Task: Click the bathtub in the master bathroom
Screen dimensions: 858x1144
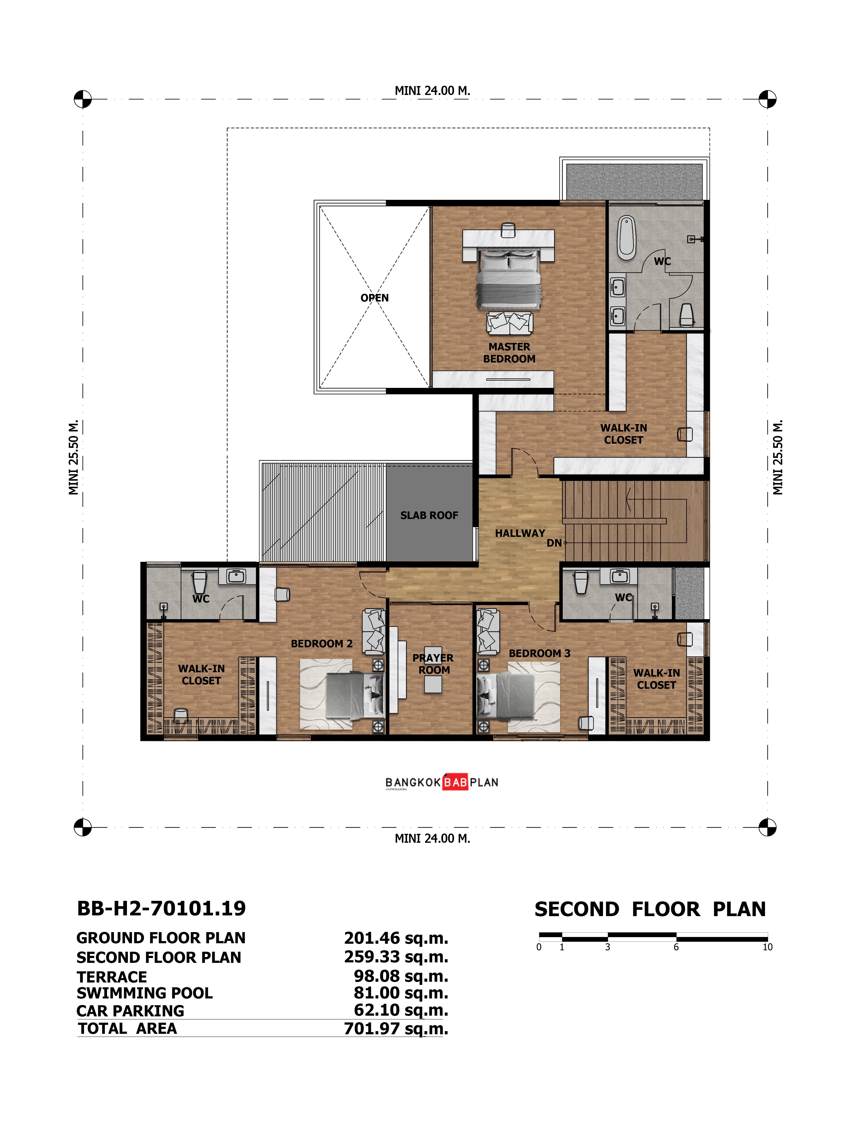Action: click(x=626, y=238)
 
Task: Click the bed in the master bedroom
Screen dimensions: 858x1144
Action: click(x=508, y=279)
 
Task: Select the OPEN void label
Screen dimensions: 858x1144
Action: click(x=374, y=298)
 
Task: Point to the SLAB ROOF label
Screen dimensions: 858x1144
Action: click(x=429, y=515)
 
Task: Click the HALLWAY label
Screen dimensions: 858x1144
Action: click(x=520, y=533)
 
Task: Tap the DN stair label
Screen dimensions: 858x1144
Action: click(x=554, y=543)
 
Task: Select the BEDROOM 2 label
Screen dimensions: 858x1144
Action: click(x=322, y=644)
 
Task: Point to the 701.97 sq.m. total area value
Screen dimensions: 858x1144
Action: click(x=396, y=1029)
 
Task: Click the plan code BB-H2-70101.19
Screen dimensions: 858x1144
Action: click(x=161, y=909)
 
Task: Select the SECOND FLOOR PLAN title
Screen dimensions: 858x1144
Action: click(x=650, y=909)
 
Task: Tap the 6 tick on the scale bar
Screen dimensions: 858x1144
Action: click(x=676, y=947)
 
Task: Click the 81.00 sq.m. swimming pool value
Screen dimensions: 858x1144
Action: click(x=401, y=993)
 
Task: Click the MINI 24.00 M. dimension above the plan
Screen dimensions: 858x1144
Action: click(x=432, y=91)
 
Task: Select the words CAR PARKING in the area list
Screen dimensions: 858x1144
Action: click(x=130, y=1011)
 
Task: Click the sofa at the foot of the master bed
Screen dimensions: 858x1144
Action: click(x=510, y=323)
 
